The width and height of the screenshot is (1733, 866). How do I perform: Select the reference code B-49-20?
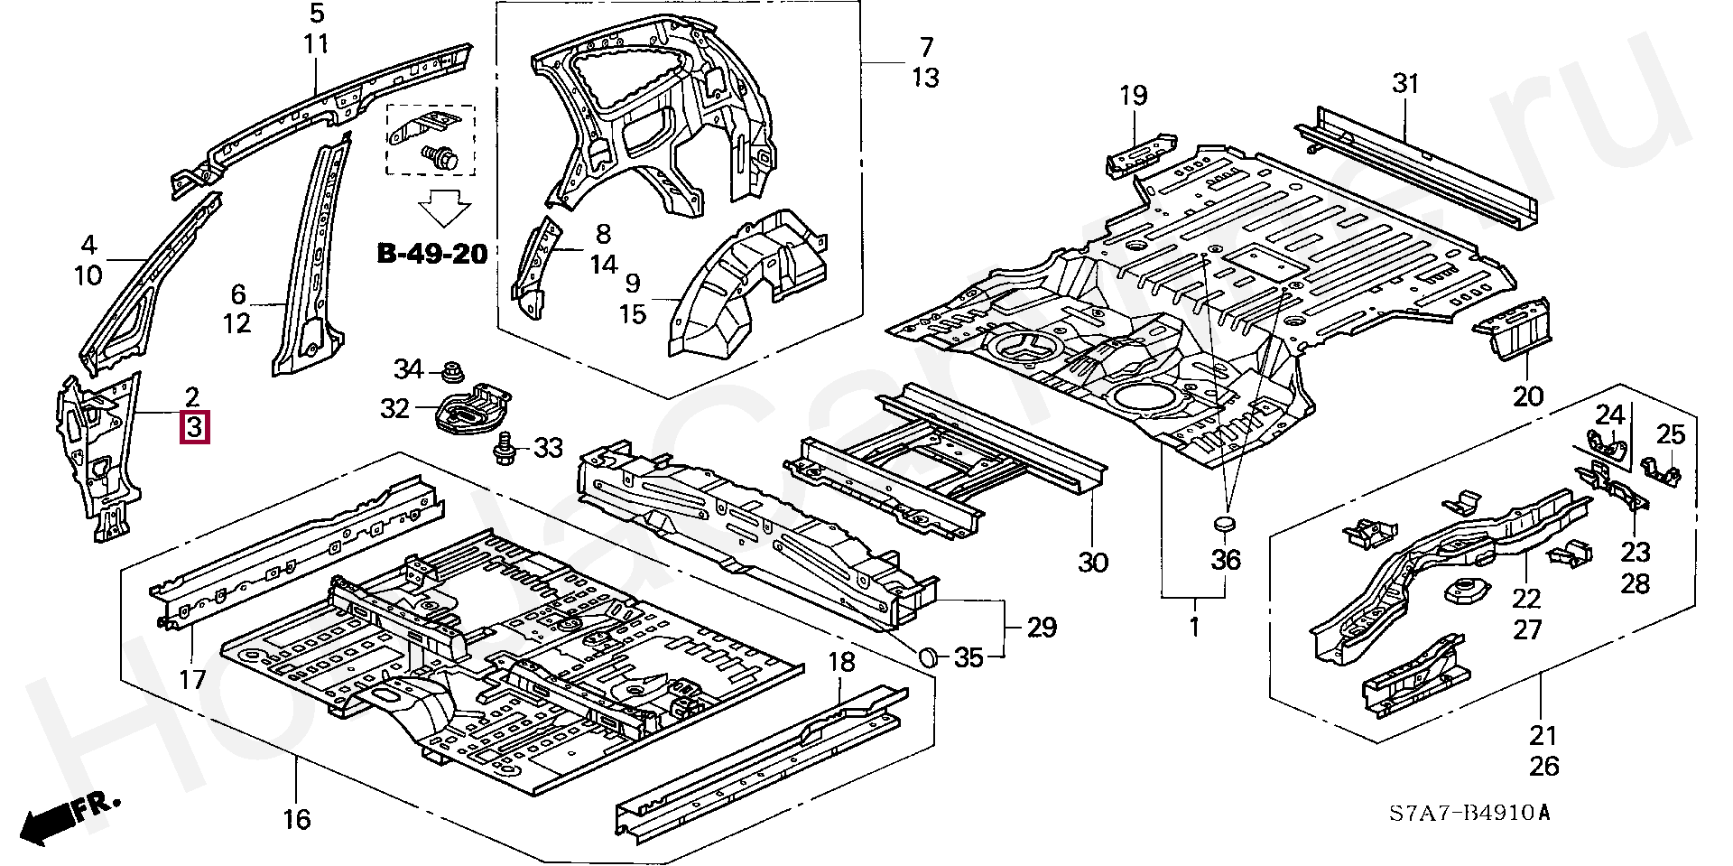pyautogui.click(x=432, y=255)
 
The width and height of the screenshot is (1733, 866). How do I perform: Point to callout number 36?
pyautogui.click(x=1226, y=560)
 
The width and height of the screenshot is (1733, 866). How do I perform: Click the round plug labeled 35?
pyautogui.click(x=929, y=657)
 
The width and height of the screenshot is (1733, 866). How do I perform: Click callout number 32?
pyautogui.click(x=395, y=409)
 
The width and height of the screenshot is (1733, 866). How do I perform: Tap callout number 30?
pyautogui.click(x=1092, y=563)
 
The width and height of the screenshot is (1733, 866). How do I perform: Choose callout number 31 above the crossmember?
pyautogui.click(x=1405, y=84)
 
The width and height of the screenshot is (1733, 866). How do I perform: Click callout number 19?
pyautogui.click(x=1134, y=95)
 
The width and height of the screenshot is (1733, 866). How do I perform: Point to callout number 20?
pyautogui.click(x=1529, y=396)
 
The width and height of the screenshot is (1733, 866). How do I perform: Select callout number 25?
pyautogui.click(x=1671, y=435)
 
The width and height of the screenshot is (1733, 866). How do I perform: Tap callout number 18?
pyautogui.click(x=841, y=662)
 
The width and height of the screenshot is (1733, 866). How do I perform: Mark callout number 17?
pyautogui.click(x=193, y=679)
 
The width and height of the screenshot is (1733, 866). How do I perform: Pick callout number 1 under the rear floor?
pyautogui.click(x=1194, y=627)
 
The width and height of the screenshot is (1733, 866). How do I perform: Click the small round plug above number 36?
pyautogui.click(x=1225, y=526)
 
